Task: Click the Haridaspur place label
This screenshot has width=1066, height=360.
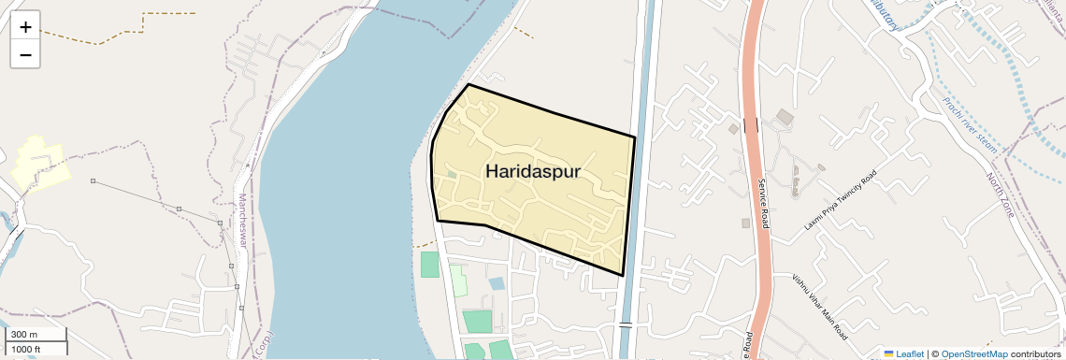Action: coord(533,172)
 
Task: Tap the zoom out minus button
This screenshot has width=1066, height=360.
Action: coord(25,55)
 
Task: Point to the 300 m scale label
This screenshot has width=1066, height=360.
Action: coord(24,335)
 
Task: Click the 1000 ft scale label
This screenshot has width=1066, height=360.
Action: coord(26,350)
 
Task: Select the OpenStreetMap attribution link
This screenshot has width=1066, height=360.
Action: coord(973,354)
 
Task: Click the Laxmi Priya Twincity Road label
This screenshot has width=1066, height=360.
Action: coord(842,201)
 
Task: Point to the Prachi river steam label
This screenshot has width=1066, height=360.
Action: coord(972,126)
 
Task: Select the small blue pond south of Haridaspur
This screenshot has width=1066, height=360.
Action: coord(497,282)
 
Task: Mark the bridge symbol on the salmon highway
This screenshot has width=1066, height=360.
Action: coord(751,124)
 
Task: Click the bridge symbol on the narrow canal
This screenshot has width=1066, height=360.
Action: coord(626,325)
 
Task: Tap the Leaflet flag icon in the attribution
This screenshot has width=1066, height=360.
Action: coord(888,354)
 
